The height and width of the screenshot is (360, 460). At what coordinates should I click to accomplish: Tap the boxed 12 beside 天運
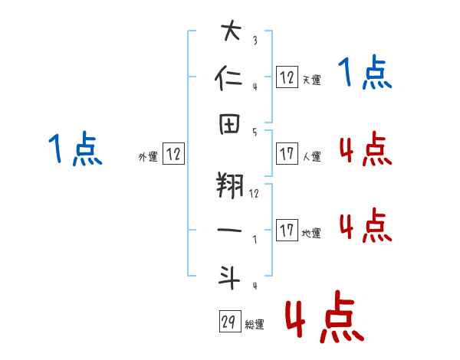tap(287, 76)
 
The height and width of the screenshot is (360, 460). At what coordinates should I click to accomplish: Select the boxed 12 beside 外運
tap(173, 154)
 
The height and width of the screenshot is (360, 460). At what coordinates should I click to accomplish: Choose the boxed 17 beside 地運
tap(287, 231)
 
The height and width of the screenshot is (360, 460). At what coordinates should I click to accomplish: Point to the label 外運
tap(147, 156)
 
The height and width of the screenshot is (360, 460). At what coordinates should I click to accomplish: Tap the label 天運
tap(310, 79)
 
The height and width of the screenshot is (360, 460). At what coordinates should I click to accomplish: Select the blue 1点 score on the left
tap(75, 149)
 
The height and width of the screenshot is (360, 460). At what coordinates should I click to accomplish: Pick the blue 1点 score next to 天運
tap(365, 73)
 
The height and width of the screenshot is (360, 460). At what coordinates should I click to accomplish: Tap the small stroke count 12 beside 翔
tap(254, 194)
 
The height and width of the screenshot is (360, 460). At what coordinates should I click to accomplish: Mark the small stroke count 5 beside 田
tap(254, 131)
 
